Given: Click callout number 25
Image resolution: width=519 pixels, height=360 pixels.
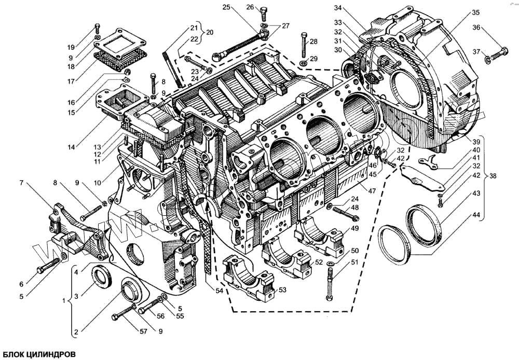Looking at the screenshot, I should click(226, 7).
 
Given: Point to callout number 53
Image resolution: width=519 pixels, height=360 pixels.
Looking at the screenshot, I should click(282, 289).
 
